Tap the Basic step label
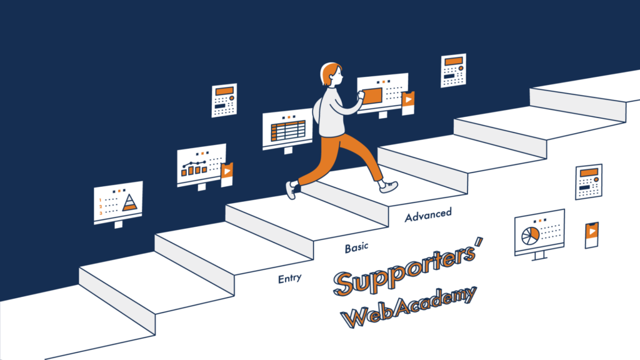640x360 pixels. (x=356, y=247)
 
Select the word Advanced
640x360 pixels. (x=428, y=215)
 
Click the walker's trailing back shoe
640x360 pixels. (x=291, y=190)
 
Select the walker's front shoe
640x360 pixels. (x=388, y=186)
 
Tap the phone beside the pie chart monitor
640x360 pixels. (x=591, y=235)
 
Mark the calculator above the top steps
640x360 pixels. (x=453, y=71)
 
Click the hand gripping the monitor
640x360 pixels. (x=360, y=96)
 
